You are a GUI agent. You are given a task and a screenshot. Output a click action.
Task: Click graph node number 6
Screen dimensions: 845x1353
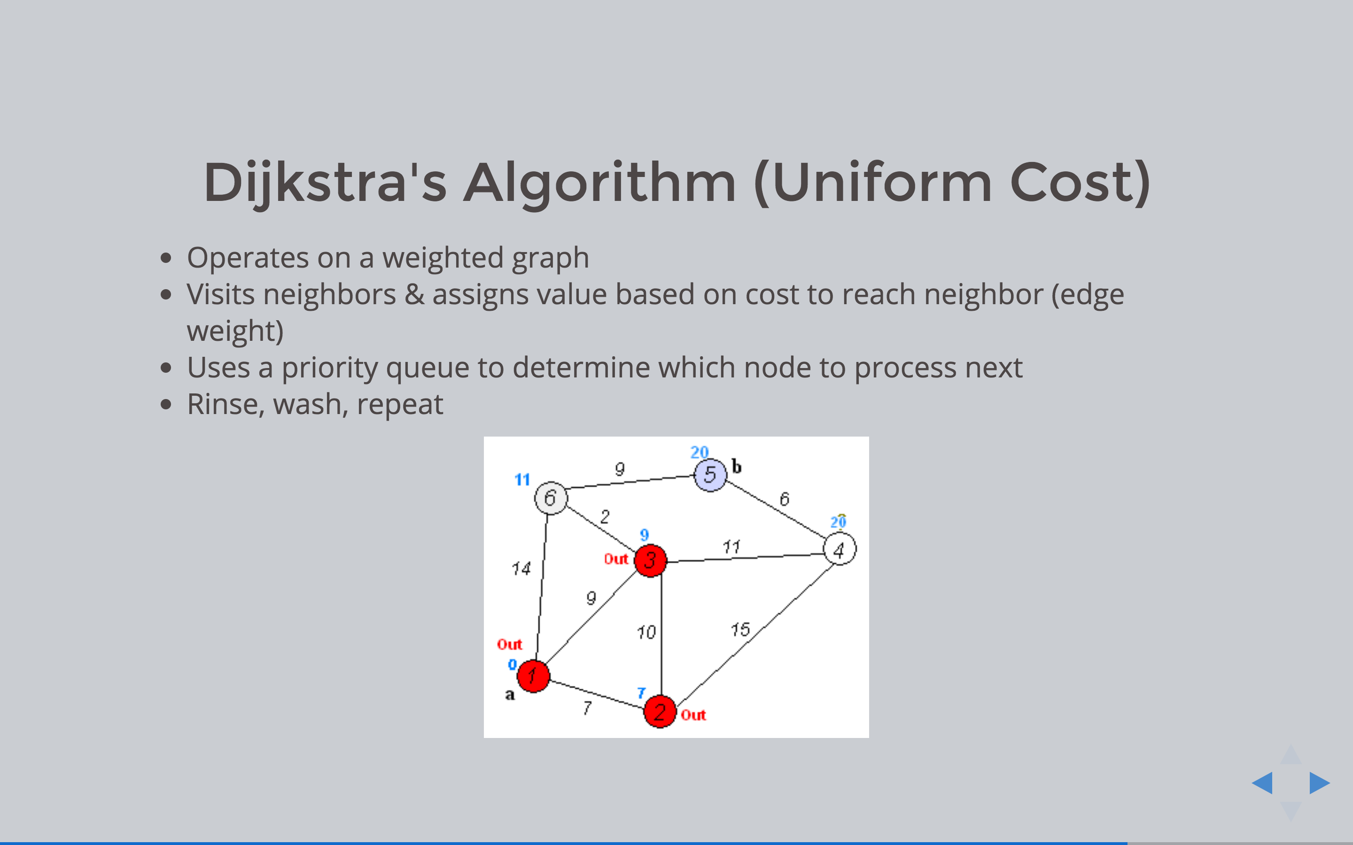[x=551, y=498]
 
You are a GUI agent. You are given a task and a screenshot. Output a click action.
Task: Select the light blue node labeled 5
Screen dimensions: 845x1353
[x=710, y=475]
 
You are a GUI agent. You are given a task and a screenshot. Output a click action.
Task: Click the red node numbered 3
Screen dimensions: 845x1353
[x=650, y=560]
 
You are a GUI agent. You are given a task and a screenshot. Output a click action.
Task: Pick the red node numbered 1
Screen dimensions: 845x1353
[x=533, y=676]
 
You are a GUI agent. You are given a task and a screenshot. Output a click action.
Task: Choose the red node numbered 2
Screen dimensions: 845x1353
[x=660, y=711]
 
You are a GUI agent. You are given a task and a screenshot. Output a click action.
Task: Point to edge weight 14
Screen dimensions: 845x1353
[x=521, y=569]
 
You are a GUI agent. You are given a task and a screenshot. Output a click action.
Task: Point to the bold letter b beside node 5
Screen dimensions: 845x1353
[x=737, y=467]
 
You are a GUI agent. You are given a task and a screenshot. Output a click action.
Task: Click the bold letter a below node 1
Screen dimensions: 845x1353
[x=509, y=695]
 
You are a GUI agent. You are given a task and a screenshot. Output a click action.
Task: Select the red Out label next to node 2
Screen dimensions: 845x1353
[x=693, y=715]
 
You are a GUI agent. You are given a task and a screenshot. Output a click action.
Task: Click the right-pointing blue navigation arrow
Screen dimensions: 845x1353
[x=1320, y=783]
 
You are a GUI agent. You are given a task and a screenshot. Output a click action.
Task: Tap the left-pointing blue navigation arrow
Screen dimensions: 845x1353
[x=1262, y=783]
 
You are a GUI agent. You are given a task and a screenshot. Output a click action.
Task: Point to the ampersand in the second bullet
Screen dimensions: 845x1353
[x=414, y=294]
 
